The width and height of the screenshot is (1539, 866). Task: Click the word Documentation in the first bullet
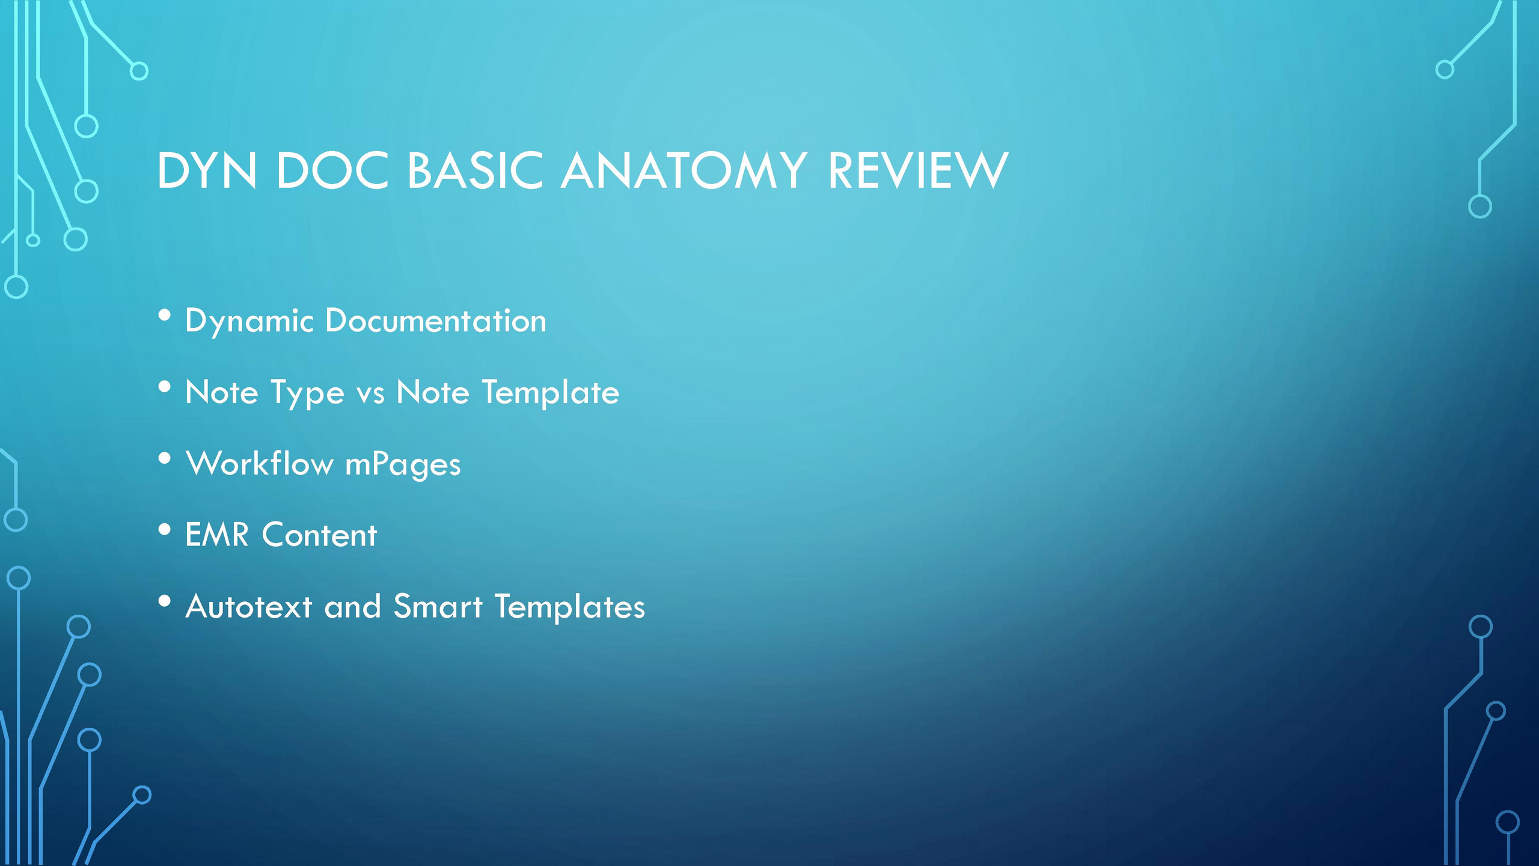[436, 321]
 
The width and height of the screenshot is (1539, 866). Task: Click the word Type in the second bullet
[307, 393]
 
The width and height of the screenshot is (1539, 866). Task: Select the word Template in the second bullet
[551, 393]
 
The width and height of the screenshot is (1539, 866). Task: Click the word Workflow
[260, 463]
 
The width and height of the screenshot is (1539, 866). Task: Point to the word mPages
[403, 465]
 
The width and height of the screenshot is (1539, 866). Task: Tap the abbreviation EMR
[217, 535]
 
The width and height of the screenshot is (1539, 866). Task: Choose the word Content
[319, 535]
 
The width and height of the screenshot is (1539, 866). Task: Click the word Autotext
[249, 606]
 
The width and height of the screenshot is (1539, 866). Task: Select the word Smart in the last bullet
[438, 606]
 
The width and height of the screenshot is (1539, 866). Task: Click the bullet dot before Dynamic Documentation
[165, 316]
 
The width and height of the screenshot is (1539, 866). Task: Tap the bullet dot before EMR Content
[165, 530]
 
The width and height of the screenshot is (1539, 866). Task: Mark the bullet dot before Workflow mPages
[165, 459]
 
